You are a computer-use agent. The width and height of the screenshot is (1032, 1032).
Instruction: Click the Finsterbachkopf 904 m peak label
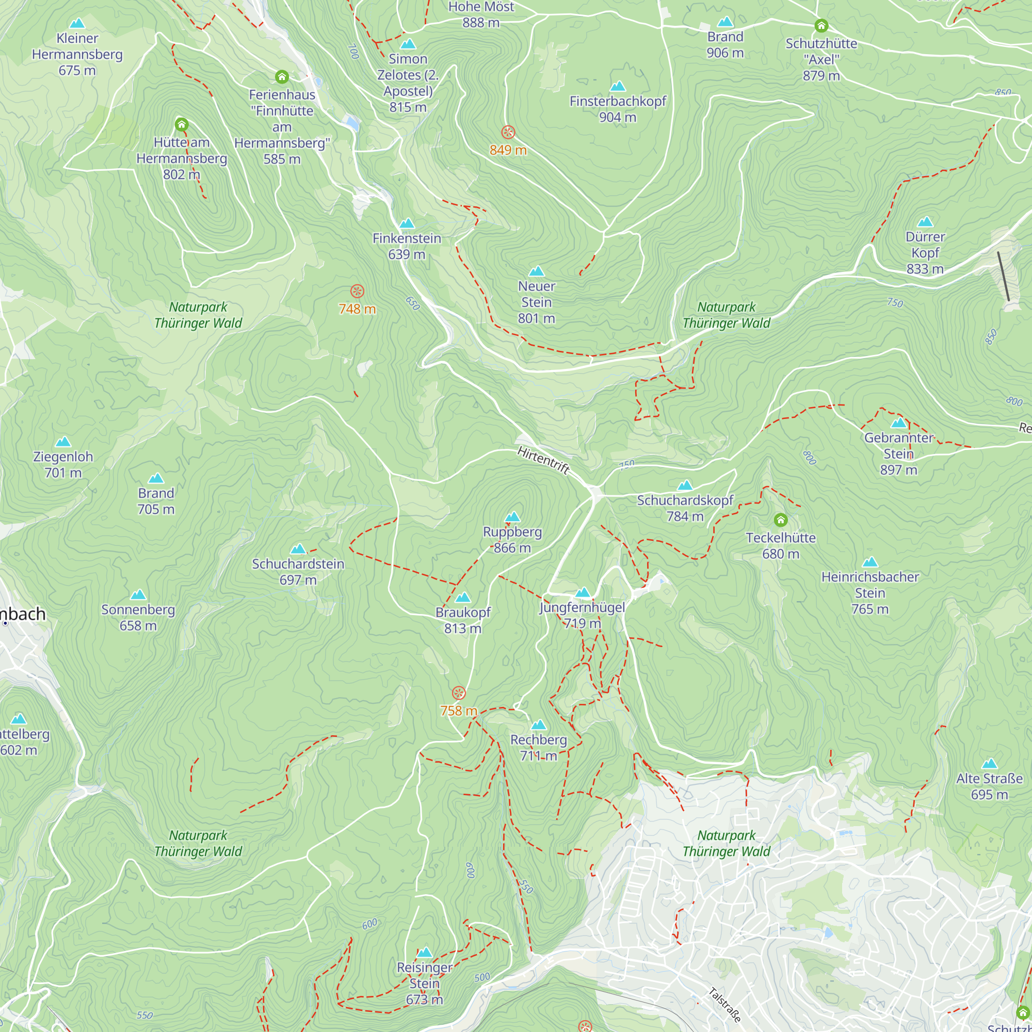[618, 109]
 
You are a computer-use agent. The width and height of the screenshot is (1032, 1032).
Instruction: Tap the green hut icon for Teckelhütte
[780, 520]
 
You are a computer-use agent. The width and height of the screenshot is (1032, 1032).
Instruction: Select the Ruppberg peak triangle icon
[512, 517]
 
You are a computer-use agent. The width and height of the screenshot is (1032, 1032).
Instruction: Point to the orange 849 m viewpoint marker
[508, 132]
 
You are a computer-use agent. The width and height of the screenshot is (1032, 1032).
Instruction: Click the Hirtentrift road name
[543, 460]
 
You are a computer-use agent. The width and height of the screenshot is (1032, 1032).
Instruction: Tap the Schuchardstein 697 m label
[298, 572]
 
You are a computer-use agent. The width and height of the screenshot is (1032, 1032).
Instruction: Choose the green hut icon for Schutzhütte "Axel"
[821, 25]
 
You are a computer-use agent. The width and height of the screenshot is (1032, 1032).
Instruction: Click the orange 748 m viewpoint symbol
[358, 291]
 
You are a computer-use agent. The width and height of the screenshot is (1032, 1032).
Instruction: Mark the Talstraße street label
[725, 1005]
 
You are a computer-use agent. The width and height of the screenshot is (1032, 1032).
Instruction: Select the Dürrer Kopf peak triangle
[925, 222]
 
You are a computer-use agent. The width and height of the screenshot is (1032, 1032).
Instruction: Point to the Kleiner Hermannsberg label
[77, 54]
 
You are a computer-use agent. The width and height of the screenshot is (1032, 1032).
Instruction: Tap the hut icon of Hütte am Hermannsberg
[182, 125]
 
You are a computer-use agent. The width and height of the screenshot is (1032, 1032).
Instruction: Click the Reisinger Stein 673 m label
[425, 983]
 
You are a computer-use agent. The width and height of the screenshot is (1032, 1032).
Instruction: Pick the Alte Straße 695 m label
[989, 786]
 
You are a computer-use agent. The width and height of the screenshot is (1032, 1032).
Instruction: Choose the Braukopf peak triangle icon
[462, 597]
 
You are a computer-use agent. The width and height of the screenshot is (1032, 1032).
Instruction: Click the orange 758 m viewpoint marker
[458, 694]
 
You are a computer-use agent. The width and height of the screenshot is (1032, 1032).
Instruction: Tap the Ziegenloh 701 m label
[63, 464]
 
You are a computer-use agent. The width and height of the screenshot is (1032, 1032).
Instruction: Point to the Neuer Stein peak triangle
[536, 271]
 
